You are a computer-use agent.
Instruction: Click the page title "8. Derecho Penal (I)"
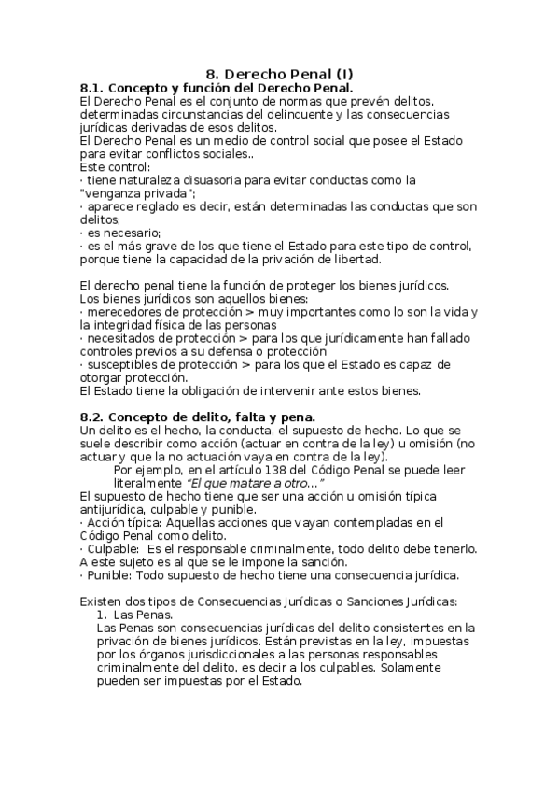pyautogui.click(x=279, y=74)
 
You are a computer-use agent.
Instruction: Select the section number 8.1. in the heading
pyautogui.click(x=95, y=87)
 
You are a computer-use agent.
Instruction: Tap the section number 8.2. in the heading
pyautogui.click(x=95, y=416)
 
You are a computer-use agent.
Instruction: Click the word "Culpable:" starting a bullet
pyautogui.click(x=114, y=549)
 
